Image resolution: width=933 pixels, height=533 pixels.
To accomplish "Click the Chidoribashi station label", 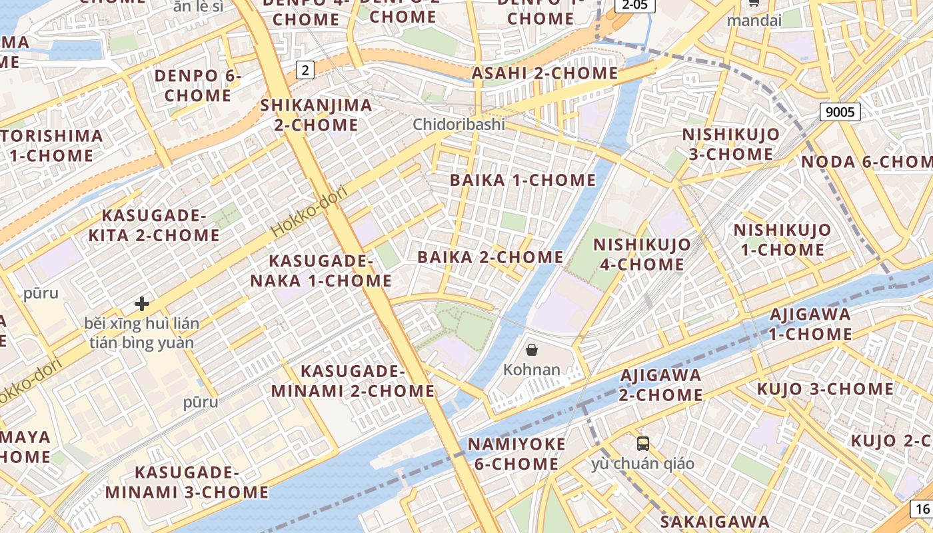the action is point(459,125).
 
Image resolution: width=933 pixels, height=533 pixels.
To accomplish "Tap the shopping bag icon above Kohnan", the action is point(532,350).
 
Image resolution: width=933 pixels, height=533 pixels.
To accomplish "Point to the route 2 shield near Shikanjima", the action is point(305,69).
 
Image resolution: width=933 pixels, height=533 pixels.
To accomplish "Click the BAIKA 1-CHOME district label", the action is point(522,180).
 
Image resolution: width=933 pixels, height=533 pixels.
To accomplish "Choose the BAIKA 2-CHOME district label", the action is point(490,257).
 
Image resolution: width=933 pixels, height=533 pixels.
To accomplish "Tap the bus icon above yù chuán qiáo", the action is point(642,444).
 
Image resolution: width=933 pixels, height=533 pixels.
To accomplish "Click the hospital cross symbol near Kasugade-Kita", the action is point(141,304).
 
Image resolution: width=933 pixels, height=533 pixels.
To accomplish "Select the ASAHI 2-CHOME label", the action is point(544,73).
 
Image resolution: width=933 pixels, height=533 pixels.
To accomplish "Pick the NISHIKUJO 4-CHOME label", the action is point(642,255).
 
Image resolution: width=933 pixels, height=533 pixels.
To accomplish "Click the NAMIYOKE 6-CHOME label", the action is point(516,454).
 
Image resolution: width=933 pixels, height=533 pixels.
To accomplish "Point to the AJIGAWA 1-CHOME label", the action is point(810,324).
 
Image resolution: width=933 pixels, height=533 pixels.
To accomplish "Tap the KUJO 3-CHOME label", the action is point(825,388).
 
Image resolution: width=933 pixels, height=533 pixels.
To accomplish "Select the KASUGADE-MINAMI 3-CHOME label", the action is point(187,482).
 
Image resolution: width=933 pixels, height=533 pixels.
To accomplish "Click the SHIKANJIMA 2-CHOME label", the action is point(316,115).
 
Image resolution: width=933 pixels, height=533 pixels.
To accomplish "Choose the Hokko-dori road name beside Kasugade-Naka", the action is point(311,211).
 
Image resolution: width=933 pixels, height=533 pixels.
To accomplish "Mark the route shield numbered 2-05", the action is point(634,5).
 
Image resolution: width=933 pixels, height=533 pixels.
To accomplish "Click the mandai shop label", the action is point(754,20).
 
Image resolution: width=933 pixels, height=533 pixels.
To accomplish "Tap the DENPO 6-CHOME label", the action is point(197,85).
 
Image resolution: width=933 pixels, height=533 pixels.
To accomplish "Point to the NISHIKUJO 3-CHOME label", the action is point(730,144).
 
